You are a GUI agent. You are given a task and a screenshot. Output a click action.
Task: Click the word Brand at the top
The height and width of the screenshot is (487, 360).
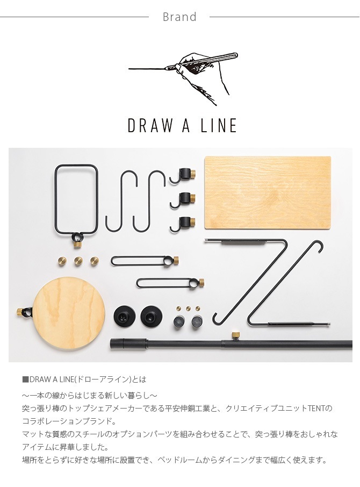coord(179,17)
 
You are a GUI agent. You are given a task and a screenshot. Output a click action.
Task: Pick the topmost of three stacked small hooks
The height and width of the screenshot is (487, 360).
coord(184,175)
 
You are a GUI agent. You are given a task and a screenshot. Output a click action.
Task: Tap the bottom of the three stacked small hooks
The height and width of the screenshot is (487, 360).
coord(184,222)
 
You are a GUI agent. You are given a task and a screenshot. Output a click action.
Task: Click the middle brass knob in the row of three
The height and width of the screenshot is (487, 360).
coord(78,261)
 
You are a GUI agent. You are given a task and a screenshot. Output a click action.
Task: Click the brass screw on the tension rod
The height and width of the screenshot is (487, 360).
coord(235,336)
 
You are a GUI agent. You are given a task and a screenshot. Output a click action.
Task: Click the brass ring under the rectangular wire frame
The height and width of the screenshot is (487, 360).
coord(77,243)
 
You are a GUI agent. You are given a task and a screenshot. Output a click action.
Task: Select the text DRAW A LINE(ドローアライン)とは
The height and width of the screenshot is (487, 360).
coord(84,379)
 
